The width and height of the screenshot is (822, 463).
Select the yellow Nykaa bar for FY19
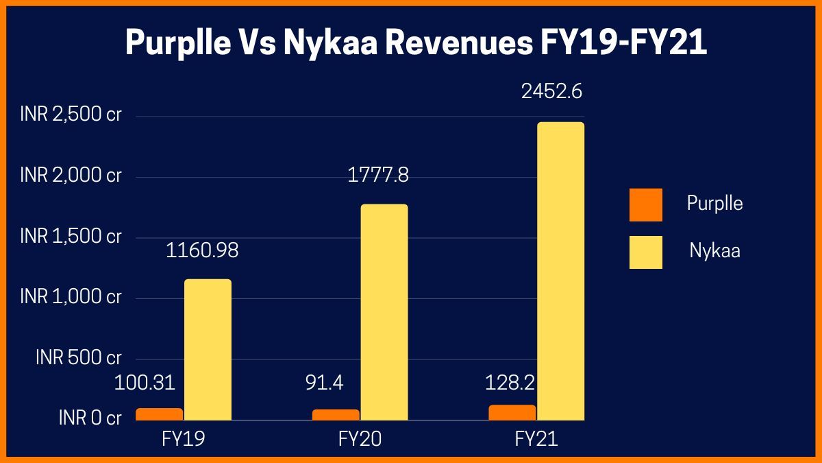[x=208, y=349]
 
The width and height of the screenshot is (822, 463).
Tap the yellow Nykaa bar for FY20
[x=384, y=312]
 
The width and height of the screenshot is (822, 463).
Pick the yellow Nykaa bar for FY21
[x=560, y=271]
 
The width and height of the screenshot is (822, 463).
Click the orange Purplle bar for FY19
[x=159, y=414]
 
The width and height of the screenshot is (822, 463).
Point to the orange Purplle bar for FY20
[x=335, y=414]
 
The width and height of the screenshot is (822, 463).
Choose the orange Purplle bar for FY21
[x=512, y=412]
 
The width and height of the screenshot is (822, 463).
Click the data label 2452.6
[x=551, y=91]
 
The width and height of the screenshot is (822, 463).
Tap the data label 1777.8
[x=378, y=175]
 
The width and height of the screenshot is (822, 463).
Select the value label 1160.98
[x=202, y=250]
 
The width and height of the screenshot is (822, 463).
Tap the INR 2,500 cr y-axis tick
[x=71, y=115]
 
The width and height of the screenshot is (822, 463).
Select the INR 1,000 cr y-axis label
[x=71, y=297]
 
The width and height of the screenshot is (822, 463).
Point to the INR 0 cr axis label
[x=90, y=417]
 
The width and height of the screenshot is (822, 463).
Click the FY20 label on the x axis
[x=360, y=440]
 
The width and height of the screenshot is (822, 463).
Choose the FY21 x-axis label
[x=536, y=440]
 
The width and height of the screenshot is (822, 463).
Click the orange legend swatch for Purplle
[x=645, y=204]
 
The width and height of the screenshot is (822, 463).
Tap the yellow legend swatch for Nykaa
[x=645, y=252]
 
